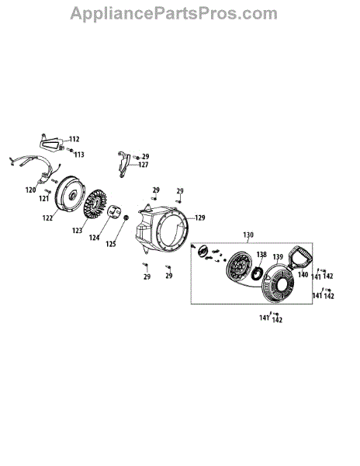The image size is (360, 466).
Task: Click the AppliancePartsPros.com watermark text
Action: (x=174, y=14)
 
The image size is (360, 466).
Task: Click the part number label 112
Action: (x=74, y=139)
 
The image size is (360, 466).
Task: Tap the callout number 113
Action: (x=79, y=155)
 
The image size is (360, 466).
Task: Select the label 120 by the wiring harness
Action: (x=30, y=190)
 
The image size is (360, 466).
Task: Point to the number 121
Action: (x=44, y=199)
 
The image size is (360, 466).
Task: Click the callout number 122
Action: (x=47, y=217)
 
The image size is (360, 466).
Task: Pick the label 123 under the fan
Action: (x=77, y=231)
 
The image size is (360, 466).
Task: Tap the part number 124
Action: (x=95, y=238)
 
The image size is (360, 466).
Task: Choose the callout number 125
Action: (x=111, y=244)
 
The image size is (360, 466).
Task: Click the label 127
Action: (x=144, y=165)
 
